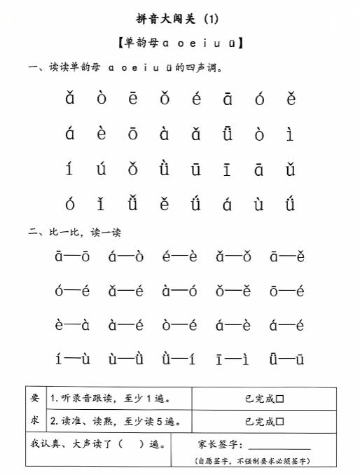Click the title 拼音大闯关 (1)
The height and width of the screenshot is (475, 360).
(181, 19)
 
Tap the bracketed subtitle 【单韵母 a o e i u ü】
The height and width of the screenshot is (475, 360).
(181, 43)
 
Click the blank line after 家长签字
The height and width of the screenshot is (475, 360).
(279, 445)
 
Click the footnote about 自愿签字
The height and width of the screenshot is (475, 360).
(253, 462)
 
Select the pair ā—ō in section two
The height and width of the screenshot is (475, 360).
(72, 257)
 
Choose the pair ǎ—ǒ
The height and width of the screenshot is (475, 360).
(233, 257)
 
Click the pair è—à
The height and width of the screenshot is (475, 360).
(72, 325)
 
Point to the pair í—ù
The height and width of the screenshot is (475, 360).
(72, 359)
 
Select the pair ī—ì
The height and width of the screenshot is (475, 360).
(233, 359)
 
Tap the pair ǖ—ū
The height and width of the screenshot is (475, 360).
(286, 359)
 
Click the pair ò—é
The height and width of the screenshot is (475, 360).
(179, 325)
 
